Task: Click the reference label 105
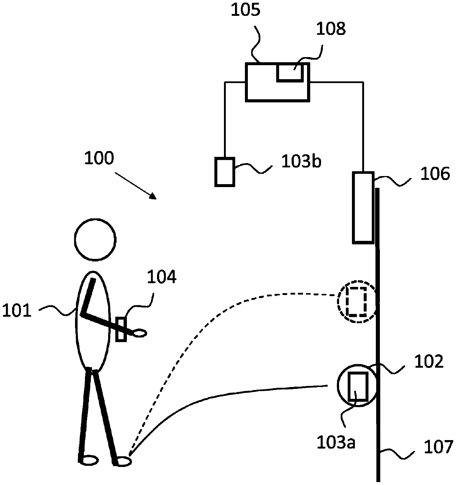245,10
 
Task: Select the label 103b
301,161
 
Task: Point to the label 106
435,174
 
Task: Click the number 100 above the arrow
99,158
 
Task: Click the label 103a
336,443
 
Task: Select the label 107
438,447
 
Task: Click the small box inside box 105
289,72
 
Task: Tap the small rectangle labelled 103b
225,171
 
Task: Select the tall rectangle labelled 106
363,207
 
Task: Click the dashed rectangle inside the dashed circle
356,301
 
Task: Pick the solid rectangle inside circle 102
358,387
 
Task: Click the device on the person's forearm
121,329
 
